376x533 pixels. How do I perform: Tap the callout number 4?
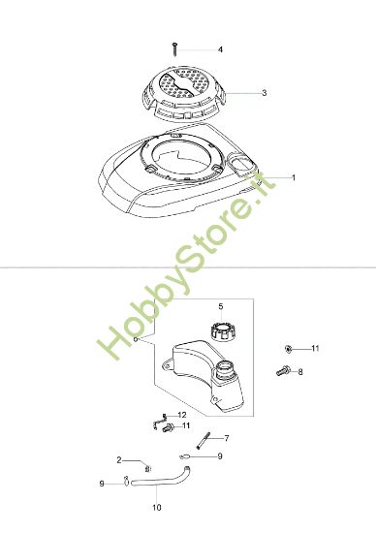pyautogui.click(x=220, y=49)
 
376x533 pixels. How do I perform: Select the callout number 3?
pyautogui.click(x=264, y=94)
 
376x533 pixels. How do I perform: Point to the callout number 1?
pyautogui.click(x=294, y=177)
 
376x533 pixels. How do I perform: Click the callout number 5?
pyautogui.click(x=220, y=306)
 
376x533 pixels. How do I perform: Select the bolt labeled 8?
pyautogui.click(x=285, y=369)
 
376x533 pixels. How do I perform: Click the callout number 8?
pyautogui.click(x=299, y=371)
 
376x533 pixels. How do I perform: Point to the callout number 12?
pyautogui.click(x=181, y=415)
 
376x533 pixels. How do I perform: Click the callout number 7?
pyautogui.click(x=226, y=438)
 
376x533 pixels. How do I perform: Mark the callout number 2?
pyautogui.click(x=119, y=459)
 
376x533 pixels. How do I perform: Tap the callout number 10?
pyautogui.click(x=157, y=506)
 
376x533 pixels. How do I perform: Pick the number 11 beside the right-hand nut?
pyautogui.click(x=315, y=347)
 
